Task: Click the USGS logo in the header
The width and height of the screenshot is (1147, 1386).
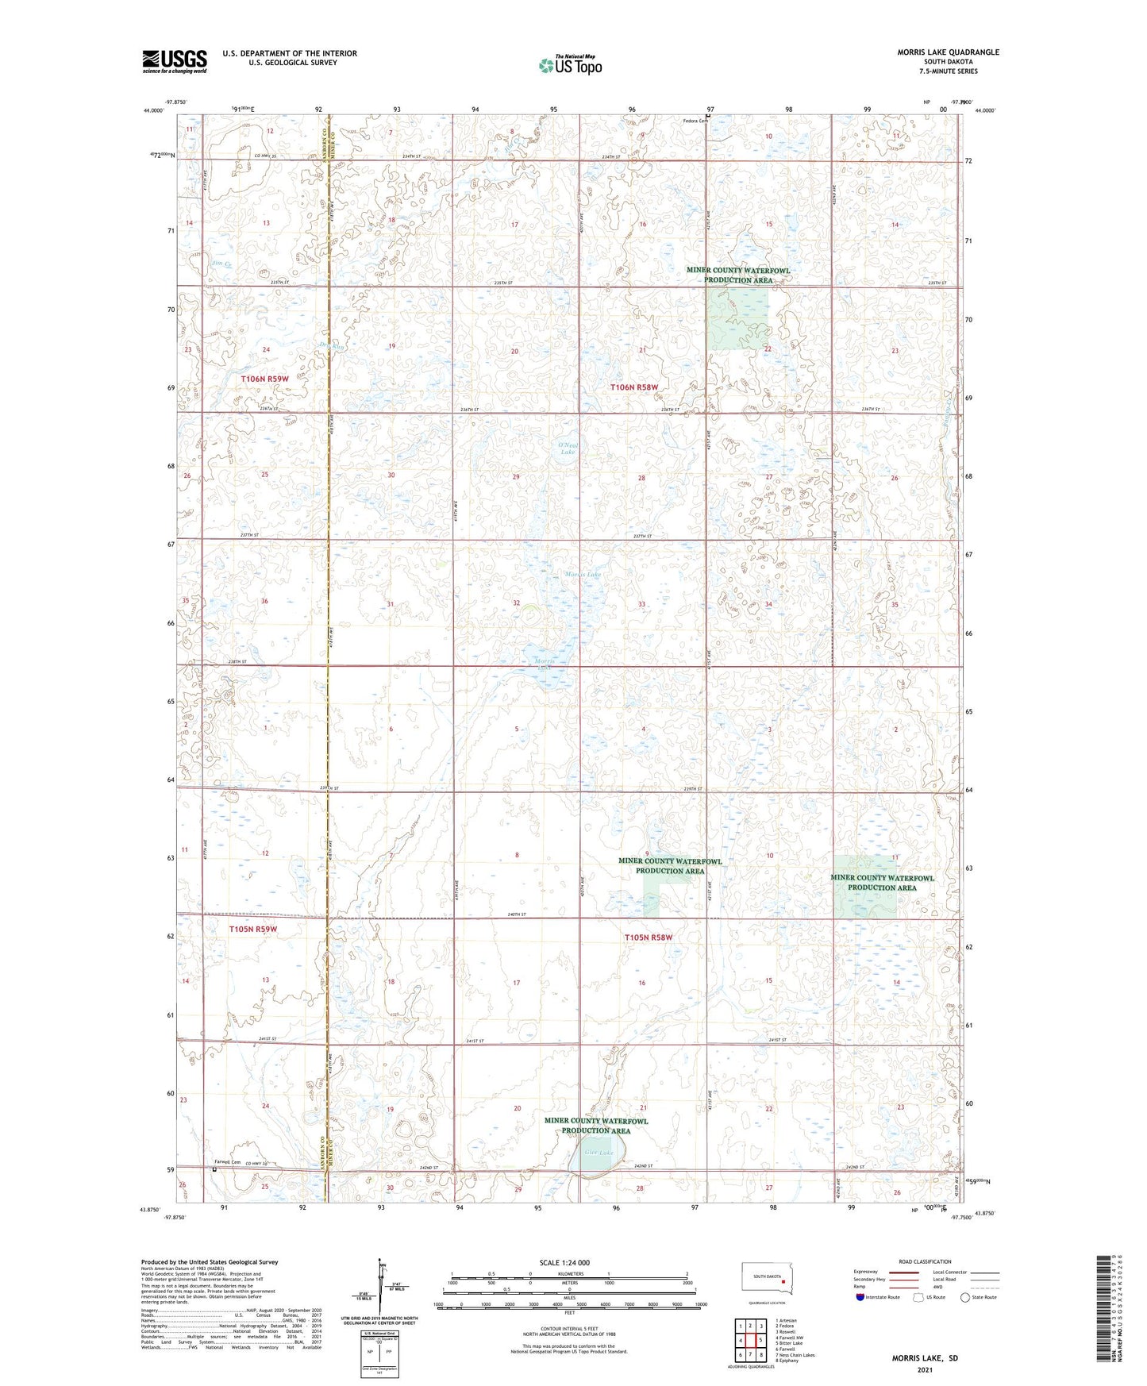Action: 175,61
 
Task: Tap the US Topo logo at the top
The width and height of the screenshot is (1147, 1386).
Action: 570,65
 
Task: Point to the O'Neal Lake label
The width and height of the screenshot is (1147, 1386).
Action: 568,449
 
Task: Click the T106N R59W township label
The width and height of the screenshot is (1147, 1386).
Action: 264,379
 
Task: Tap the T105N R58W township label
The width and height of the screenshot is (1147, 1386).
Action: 648,937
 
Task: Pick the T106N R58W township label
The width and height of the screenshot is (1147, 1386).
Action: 634,387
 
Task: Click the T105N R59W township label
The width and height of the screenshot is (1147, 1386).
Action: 253,929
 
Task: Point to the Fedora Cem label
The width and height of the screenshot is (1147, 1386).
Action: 695,121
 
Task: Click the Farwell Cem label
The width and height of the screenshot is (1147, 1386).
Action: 228,1163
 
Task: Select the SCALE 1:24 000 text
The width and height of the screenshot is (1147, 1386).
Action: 564,1262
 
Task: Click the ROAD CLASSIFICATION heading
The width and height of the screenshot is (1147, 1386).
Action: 925,1261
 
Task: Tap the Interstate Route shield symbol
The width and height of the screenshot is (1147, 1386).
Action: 860,1297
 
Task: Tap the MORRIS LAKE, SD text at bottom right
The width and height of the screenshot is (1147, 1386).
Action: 925,1358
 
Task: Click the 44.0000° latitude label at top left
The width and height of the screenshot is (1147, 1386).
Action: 154,111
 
